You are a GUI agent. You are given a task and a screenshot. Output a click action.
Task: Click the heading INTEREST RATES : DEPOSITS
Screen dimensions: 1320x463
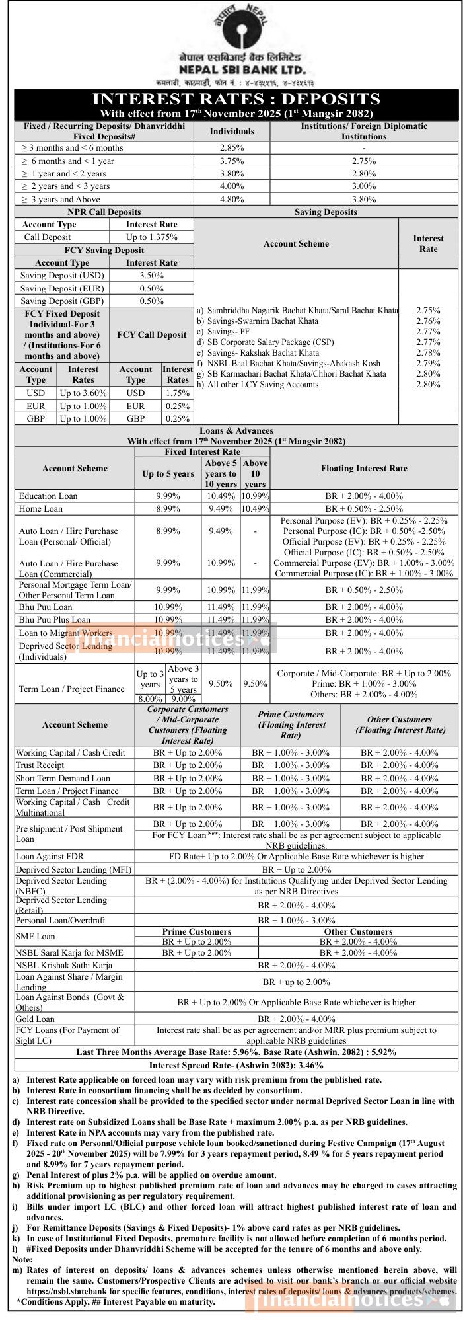tap(236, 99)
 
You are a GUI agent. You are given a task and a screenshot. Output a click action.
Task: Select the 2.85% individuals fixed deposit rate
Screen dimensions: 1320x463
tap(232, 148)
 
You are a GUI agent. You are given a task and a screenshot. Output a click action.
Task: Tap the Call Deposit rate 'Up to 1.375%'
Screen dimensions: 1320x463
tap(151, 237)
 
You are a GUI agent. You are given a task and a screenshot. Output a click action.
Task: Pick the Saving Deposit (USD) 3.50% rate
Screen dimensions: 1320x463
tap(151, 275)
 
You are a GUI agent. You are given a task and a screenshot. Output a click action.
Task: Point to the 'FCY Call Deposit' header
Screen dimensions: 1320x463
tap(151, 335)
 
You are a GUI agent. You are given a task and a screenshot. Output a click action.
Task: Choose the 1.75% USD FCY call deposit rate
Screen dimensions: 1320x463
tap(178, 393)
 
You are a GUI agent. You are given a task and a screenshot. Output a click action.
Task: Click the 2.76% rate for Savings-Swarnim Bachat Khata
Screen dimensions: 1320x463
tap(428, 321)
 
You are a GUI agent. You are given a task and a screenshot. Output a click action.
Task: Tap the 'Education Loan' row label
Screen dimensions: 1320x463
tap(48, 496)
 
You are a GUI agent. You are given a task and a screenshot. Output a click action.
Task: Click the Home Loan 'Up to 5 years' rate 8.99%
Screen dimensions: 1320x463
tap(168, 508)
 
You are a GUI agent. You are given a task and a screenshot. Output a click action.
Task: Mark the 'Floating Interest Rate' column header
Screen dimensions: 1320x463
tap(364, 468)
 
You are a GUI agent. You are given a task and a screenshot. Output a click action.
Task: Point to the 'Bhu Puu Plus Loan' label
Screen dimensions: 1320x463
tap(55, 619)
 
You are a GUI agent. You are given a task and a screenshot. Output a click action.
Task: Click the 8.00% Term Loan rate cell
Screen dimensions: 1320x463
tap(150, 699)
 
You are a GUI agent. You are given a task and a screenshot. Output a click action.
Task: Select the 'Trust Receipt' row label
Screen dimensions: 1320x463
tap(40, 765)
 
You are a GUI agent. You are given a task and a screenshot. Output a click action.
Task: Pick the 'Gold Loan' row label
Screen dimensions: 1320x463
tap(36, 1019)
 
